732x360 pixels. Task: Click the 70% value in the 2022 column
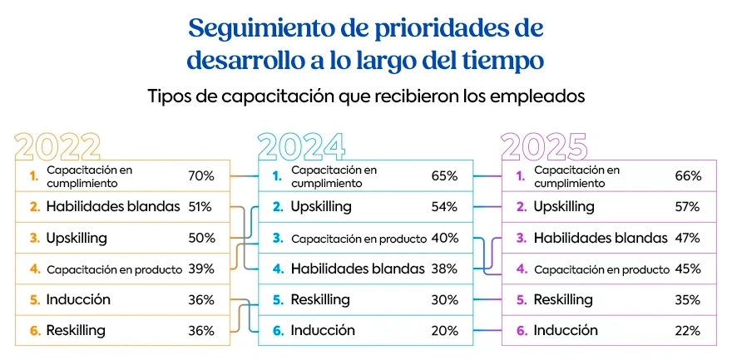(x=201, y=175)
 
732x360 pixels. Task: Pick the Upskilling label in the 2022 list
(x=77, y=238)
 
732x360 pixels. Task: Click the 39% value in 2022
(x=201, y=269)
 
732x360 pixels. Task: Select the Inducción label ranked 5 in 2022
(x=78, y=299)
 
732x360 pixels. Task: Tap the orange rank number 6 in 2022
(x=35, y=330)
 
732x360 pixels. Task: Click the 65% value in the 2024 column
(x=445, y=175)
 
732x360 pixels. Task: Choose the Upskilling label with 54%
(x=321, y=206)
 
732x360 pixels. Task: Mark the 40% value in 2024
(x=445, y=238)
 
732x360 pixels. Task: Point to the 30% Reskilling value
(x=445, y=299)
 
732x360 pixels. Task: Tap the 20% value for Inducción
(x=445, y=330)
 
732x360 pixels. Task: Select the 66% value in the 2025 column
(x=688, y=175)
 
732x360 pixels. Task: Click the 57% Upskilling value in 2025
(x=688, y=206)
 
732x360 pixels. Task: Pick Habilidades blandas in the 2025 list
(x=601, y=238)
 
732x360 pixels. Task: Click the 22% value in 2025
(x=688, y=330)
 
